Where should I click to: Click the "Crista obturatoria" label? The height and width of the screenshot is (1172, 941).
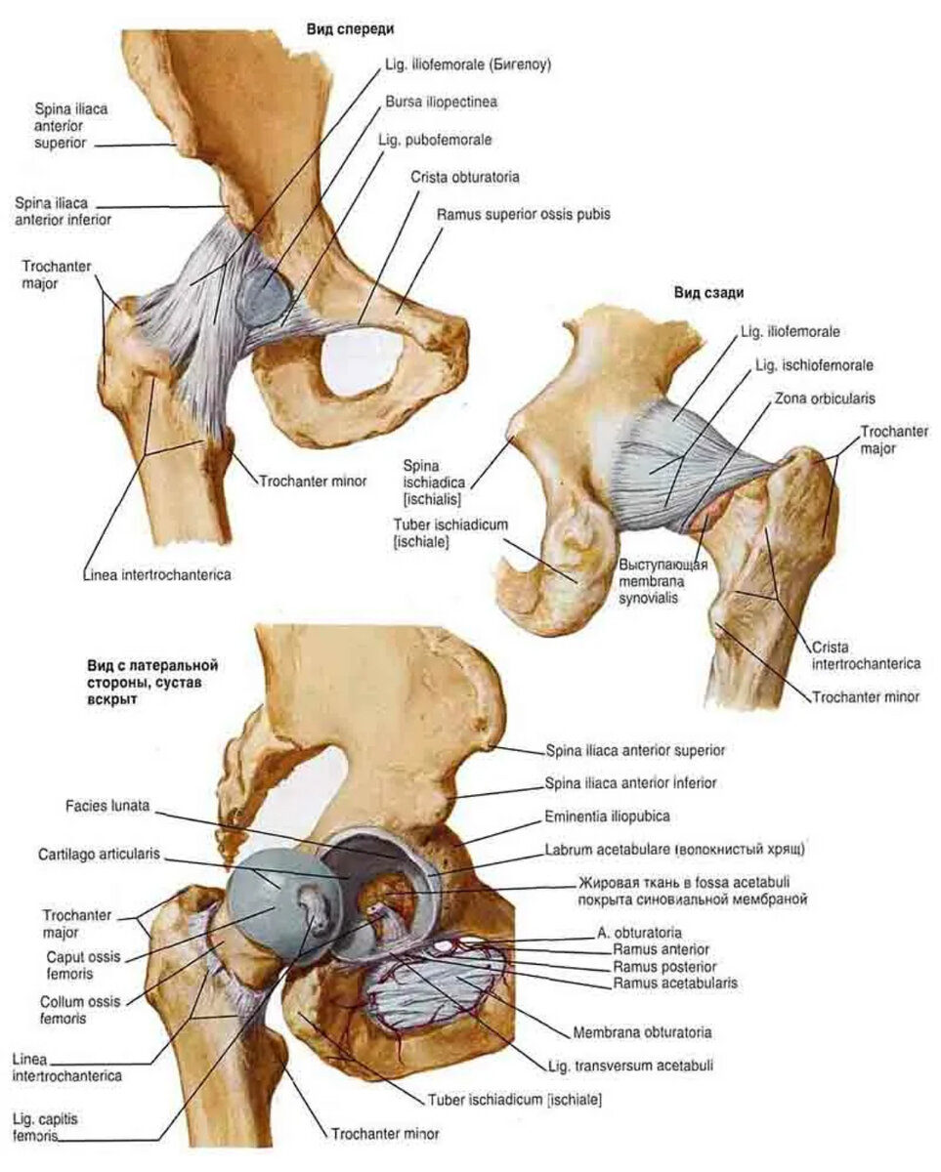465,178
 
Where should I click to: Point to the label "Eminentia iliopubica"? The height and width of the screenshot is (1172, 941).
606,814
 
